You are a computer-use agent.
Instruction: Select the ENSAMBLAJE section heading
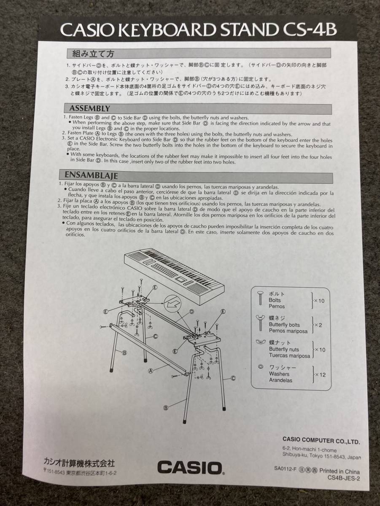pyautogui.click(x=91, y=175)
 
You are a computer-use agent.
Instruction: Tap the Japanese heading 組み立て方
pyautogui.click(x=93, y=54)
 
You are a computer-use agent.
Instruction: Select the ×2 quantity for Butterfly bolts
pyautogui.click(x=318, y=325)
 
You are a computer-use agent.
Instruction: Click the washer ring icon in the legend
pyautogui.click(x=260, y=367)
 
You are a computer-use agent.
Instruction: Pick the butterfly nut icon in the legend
pyautogui.click(x=260, y=342)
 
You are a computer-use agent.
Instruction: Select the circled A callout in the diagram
pyautogui.click(x=151, y=371)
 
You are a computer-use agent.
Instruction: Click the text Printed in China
pyautogui.click(x=340, y=471)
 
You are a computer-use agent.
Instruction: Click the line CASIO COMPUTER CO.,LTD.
pyautogui.click(x=321, y=441)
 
